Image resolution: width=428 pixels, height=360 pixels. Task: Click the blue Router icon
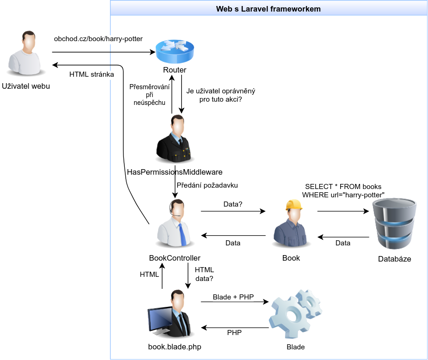pos(175,52)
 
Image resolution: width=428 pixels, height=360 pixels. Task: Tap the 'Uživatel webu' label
pos(26,86)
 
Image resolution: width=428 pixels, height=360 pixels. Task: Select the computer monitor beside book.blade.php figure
pos(159,321)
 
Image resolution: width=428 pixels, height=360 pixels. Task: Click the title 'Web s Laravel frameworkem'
pos(269,9)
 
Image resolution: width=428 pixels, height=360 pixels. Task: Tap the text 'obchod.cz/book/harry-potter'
pos(98,39)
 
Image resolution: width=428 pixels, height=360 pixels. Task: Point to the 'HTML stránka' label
pos(92,74)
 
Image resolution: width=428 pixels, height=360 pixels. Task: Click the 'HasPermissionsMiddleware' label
pos(175,172)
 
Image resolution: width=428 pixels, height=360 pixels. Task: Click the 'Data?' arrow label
pos(233,203)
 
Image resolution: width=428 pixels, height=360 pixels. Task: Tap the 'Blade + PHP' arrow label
pos(233,297)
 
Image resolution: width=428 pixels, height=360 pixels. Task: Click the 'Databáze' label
pos(394,259)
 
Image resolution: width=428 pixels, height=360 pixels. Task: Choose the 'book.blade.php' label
pos(175,347)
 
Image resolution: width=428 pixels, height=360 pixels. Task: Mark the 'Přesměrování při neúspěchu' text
pos(149,95)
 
